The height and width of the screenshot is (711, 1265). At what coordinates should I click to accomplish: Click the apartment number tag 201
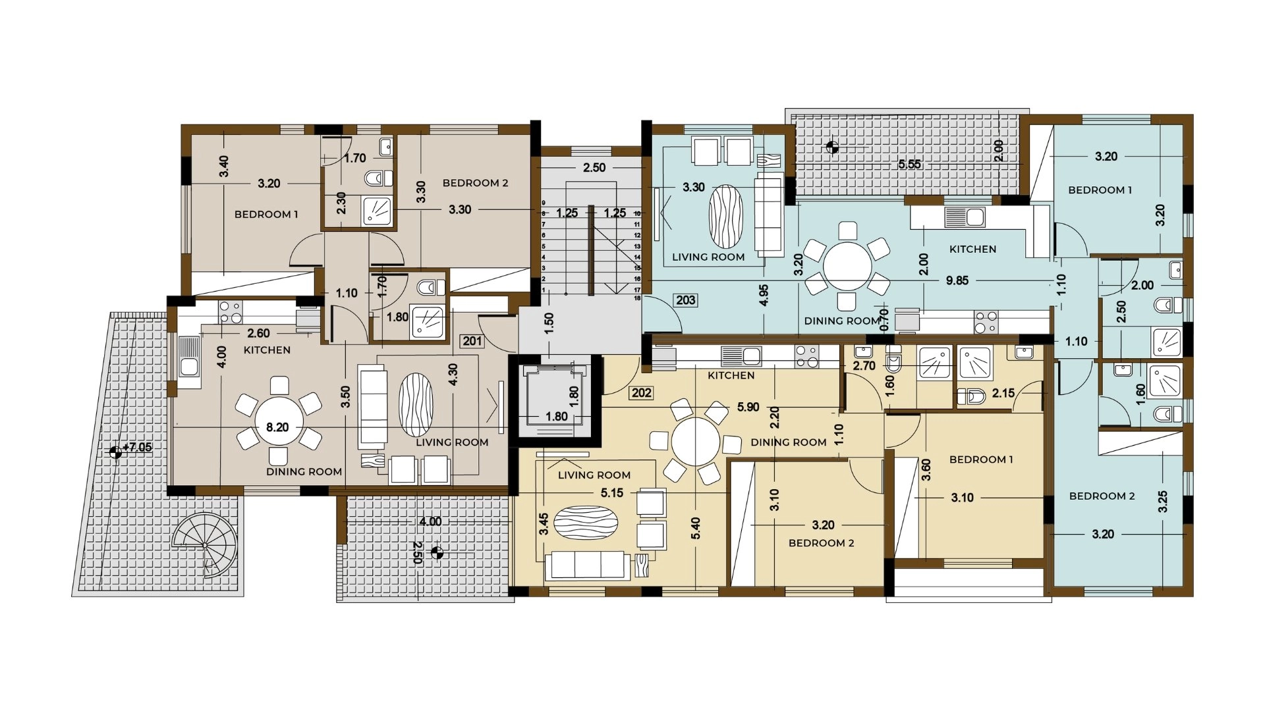(x=472, y=341)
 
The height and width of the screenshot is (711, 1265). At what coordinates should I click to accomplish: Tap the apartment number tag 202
(x=641, y=393)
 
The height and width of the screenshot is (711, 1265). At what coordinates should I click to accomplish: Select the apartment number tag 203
(x=685, y=300)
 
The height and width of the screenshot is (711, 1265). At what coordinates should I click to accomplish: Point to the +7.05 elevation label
(x=137, y=448)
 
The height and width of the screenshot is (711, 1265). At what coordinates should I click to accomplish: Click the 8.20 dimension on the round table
(x=277, y=427)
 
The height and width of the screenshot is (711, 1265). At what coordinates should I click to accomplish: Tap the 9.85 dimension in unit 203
(x=957, y=280)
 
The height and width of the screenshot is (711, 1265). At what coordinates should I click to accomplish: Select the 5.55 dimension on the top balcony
(x=910, y=165)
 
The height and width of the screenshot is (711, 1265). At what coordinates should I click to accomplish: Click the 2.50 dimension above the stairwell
(x=594, y=168)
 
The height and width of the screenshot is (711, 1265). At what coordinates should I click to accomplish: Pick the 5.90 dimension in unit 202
(x=748, y=408)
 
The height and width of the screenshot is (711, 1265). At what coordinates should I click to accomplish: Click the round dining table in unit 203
(x=848, y=267)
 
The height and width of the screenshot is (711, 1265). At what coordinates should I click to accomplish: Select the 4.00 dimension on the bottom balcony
(x=430, y=521)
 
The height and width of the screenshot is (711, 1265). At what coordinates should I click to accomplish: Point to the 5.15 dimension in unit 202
(x=612, y=493)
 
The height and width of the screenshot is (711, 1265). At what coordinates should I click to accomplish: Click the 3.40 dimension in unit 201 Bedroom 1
(x=224, y=166)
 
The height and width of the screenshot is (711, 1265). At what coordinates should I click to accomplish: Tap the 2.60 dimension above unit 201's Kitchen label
(x=258, y=334)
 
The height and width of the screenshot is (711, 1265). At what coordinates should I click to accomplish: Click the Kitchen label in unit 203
(x=972, y=250)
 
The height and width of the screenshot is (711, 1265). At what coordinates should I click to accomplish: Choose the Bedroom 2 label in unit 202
(x=821, y=543)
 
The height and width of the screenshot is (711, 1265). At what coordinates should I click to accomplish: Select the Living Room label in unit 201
(x=452, y=442)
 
